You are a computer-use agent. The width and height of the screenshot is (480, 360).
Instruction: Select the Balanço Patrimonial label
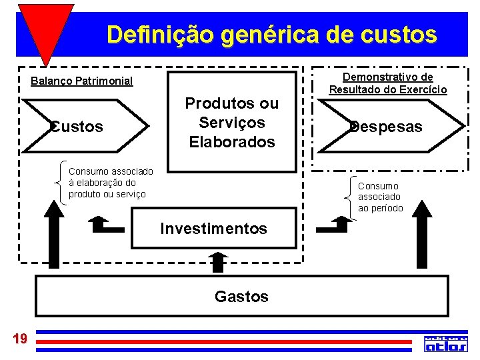point(82,82)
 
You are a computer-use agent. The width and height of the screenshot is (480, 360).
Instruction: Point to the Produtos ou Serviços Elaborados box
point(231,123)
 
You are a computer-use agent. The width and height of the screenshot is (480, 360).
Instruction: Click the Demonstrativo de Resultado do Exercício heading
point(388,83)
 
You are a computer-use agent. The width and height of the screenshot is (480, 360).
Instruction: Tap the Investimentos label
point(213,229)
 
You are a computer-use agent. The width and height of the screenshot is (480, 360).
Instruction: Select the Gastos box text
point(241,296)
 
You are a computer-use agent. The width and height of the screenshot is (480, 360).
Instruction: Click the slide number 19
point(20,339)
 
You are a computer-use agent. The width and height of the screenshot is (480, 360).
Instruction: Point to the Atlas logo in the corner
point(446,343)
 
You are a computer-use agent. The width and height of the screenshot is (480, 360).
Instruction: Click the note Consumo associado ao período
point(380,197)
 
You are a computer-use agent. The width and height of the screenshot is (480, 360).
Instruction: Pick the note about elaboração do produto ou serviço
point(111,183)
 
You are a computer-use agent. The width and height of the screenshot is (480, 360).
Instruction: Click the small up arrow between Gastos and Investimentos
point(218,262)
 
